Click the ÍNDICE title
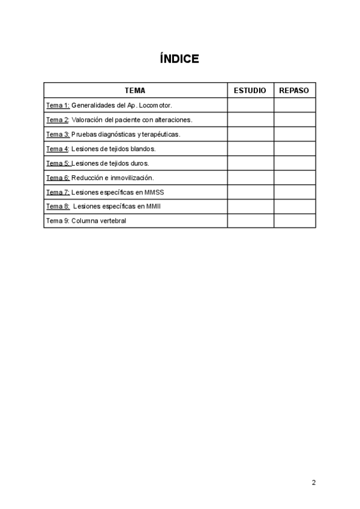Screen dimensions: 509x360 (179, 59)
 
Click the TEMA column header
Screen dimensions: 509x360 (135, 91)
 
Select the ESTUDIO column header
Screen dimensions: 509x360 (250, 91)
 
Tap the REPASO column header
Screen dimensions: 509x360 (294, 91)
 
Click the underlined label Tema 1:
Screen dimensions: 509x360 (58, 105)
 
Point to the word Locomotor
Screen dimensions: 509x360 (156, 105)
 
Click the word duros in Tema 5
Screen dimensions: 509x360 (139, 163)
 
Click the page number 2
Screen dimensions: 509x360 (314, 482)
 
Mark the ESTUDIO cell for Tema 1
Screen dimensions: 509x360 (250, 105)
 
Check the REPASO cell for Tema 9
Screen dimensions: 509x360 (294, 221)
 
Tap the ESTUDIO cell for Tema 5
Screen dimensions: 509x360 (250, 163)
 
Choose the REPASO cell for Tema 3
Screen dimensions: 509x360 (294, 134)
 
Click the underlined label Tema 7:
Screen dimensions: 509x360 (58, 192)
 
